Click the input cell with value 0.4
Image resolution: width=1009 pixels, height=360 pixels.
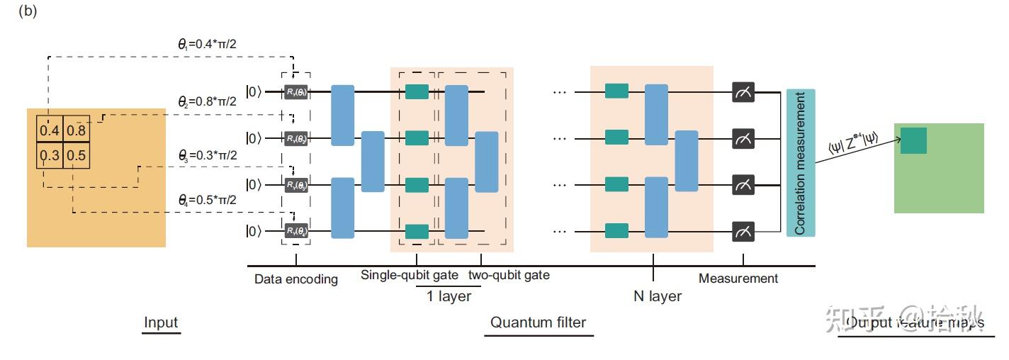click(x=50, y=130)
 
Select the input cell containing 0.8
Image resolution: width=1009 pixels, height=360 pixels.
click(x=77, y=130)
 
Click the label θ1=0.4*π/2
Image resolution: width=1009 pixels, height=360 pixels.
click(x=211, y=44)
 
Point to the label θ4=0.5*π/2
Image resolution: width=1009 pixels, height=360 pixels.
click(x=207, y=201)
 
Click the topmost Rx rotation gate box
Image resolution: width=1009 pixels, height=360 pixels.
click(x=296, y=91)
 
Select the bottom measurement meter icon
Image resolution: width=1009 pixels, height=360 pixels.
click(x=743, y=231)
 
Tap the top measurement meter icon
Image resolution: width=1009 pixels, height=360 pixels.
click(x=743, y=91)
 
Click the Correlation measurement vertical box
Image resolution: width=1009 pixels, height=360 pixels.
click(x=801, y=163)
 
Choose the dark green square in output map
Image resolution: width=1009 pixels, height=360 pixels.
click(x=913, y=140)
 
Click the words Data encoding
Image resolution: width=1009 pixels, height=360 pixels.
click(x=296, y=279)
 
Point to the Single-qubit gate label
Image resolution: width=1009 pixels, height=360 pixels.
click(x=410, y=275)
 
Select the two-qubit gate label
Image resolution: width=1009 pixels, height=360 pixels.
click(x=509, y=275)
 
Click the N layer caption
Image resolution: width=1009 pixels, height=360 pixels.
click(x=658, y=296)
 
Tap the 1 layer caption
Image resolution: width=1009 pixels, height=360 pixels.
click(x=449, y=296)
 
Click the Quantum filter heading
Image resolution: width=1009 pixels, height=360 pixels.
click(x=539, y=322)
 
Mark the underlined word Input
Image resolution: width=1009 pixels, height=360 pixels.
click(x=161, y=322)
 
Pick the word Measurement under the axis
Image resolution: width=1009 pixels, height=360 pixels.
click(x=738, y=279)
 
